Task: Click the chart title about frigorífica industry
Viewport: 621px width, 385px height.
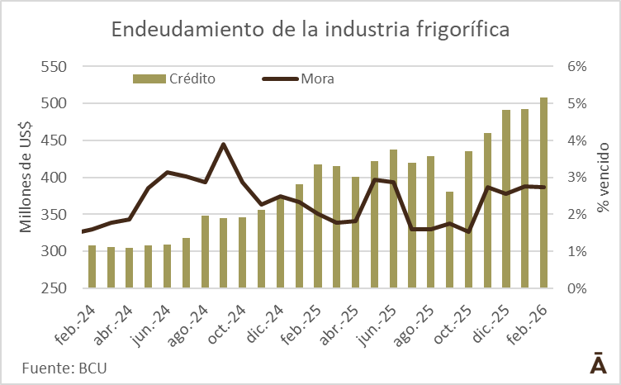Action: (x=310, y=30)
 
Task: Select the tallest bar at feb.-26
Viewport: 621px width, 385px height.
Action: (x=543, y=193)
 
